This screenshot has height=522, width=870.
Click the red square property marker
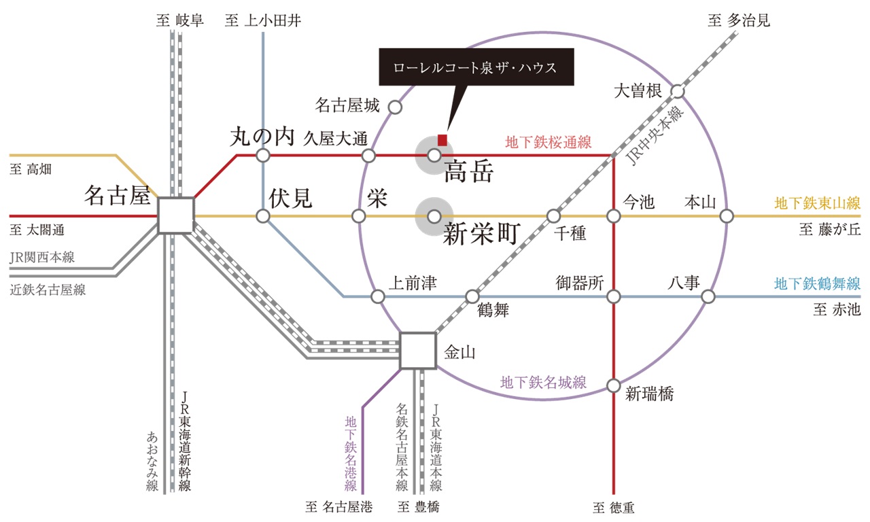coord(442,140)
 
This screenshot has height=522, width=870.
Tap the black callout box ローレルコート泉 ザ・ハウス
coord(476,67)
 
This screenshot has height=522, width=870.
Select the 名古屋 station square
coord(176,215)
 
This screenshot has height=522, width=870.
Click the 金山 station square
coord(418,351)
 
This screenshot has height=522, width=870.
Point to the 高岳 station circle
coord(434,156)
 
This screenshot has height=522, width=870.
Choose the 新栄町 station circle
coord(434,216)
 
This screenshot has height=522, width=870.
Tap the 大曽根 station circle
coord(678,92)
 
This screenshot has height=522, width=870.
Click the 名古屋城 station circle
coord(395,107)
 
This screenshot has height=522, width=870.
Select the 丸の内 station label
coord(262,137)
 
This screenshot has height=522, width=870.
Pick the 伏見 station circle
coord(263,216)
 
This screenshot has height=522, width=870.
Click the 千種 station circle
coord(553,216)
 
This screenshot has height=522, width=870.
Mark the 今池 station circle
coord(614,216)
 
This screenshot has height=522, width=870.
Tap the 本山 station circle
coord(727,216)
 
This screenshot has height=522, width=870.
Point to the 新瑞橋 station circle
coord(614,386)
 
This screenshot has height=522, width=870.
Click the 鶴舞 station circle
coord(472,297)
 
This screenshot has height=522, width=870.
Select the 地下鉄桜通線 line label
coord(548,142)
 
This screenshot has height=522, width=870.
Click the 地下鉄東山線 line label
coord(817,203)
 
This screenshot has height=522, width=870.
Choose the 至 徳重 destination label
coord(614,507)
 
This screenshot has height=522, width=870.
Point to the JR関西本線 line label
coord(42,257)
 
